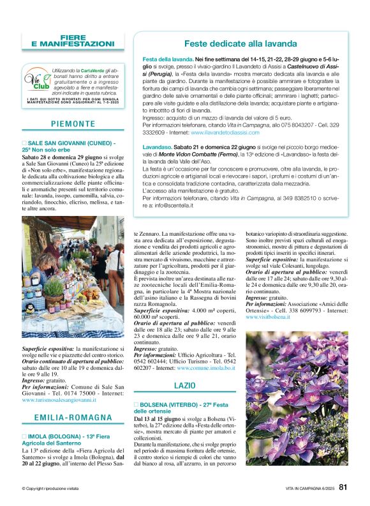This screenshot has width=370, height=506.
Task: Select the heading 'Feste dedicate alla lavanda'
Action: coord(241,44)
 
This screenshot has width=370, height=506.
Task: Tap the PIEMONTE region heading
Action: coord(72,124)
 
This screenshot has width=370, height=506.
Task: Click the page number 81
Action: coord(343,487)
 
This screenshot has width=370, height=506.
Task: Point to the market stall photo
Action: coord(73,277)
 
